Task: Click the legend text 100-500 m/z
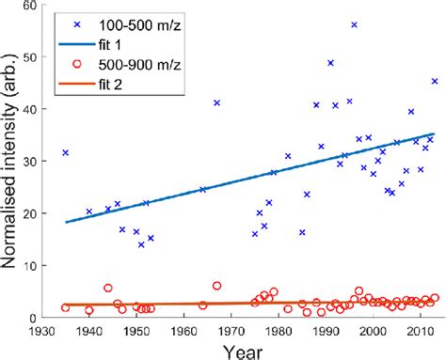tap(139, 21)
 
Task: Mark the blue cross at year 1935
tap(65, 152)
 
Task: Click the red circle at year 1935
tap(65, 307)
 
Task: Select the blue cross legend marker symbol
tap(72, 21)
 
